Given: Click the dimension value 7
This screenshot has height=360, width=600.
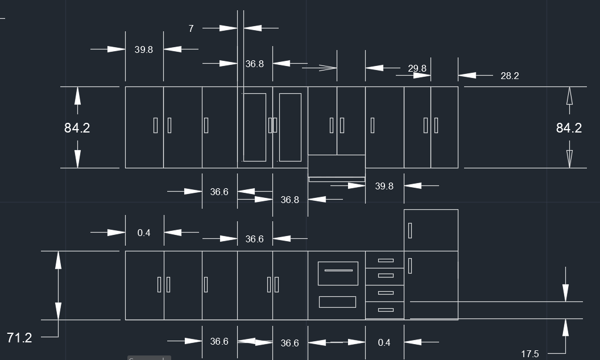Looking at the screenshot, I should tap(191, 28).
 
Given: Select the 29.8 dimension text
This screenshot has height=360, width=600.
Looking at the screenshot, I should tap(417, 69).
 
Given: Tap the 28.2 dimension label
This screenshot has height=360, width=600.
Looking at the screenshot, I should tap(509, 76).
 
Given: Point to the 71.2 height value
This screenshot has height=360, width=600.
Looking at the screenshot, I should tap(19, 338).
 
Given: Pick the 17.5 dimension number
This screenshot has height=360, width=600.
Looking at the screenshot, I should tap(529, 354).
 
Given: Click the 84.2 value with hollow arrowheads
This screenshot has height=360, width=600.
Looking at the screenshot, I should tap(568, 128).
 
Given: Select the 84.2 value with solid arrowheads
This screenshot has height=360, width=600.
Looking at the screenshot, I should tap(77, 128).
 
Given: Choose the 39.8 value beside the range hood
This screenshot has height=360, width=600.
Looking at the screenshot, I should tap(384, 186).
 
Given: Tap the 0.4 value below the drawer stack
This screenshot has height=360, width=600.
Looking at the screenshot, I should tap(384, 342).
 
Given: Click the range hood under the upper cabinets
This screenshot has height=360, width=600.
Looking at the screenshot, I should tap(337, 179).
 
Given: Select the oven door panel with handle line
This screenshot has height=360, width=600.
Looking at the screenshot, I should tap(338, 274).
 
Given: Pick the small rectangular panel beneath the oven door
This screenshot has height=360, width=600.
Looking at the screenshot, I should tap(337, 302).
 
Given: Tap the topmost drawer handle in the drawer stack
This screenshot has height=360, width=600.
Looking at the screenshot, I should tap(386, 260).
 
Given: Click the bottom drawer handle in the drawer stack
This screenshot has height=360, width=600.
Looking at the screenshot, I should tap(386, 310).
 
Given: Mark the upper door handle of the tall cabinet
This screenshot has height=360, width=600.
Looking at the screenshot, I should tap(410, 231).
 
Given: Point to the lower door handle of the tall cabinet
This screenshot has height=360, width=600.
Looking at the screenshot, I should tap(410, 266).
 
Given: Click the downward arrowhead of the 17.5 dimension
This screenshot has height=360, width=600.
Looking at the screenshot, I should tap(565, 293).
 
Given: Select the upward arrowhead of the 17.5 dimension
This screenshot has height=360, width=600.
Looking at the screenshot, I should tap(565, 328).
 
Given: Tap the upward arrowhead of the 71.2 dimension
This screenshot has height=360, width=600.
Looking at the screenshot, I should tap(58, 259).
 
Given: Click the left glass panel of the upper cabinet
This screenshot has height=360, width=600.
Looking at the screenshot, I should tap(255, 127).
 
